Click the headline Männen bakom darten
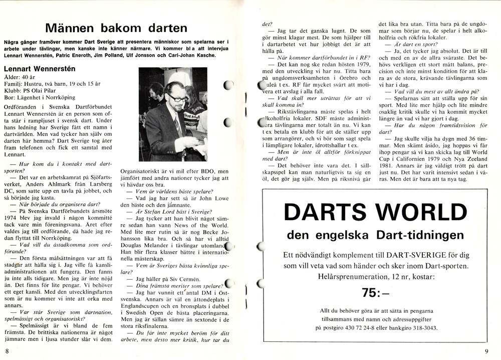[x=116, y=28]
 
